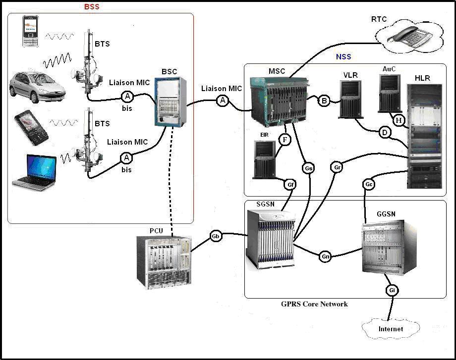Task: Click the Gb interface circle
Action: pyautogui.click(x=216, y=236)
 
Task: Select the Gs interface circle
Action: pyautogui.click(x=308, y=168)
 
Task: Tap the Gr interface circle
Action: pyautogui.click(x=338, y=167)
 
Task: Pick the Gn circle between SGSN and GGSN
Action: pyautogui.click(x=325, y=257)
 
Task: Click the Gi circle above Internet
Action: pyautogui.click(x=392, y=290)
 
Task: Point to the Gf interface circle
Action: pyautogui.click(x=291, y=185)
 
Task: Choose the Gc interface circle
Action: pyautogui.click(x=369, y=184)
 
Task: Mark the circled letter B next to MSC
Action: pyautogui.click(x=324, y=101)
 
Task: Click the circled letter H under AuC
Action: pyautogui.click(x=399, y=119)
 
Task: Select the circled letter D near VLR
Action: pyautogui.click(x=384, y=132)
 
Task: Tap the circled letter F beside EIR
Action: pyautogui.click(x=285, y=140)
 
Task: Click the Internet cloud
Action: pyautogui.click(x=391, y=328)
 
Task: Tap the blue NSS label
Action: pyautogui.click(x=343, y=57)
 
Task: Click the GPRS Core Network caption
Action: pyautogui.click(x=315, y=304)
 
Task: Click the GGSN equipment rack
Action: pyautogui.click(x=389, y=248)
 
